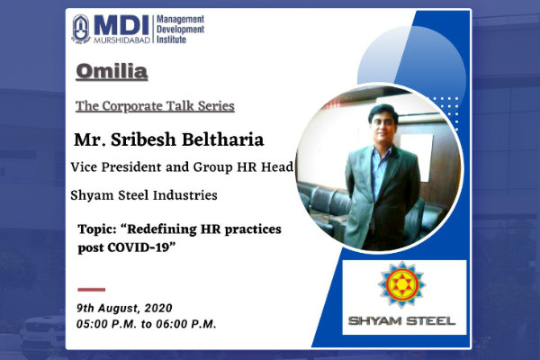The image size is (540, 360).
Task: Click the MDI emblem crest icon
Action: point(81,30)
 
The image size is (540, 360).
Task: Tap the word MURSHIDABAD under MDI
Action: point(121,40)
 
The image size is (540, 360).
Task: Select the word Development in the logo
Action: point(180,30)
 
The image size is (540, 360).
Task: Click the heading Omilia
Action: point(112,72)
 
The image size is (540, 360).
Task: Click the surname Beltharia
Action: point(222,139)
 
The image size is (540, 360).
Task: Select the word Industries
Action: point(184,195)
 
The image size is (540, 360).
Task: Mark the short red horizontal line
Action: point(91,290)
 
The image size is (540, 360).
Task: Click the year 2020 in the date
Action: point(158,308)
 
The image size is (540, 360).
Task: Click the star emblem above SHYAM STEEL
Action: point(401,284)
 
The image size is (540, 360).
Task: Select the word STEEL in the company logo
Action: point(430,321)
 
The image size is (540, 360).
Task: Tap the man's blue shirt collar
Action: point(382,150)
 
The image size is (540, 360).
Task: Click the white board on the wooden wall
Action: point(417,156)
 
